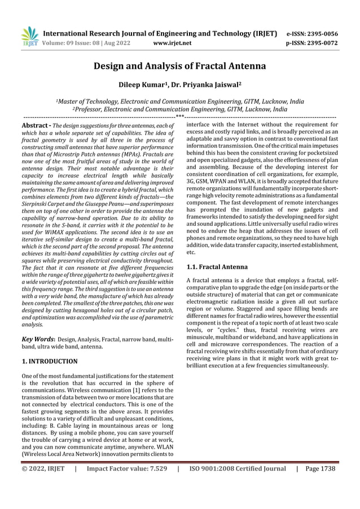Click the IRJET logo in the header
[29, 37]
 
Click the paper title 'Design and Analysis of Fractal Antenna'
[179, 66]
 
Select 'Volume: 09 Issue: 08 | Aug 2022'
[87, 42]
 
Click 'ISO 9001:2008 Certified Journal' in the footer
[238, 468]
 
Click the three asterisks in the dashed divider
[179, 116]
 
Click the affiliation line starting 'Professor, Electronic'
[179, 109]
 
